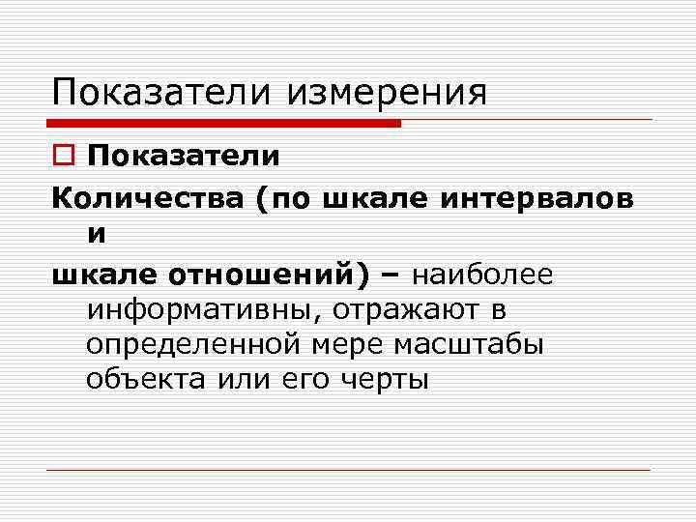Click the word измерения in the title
[x=387, y=94]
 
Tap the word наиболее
[x=482, y=275]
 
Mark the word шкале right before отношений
[x=105, y=275]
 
